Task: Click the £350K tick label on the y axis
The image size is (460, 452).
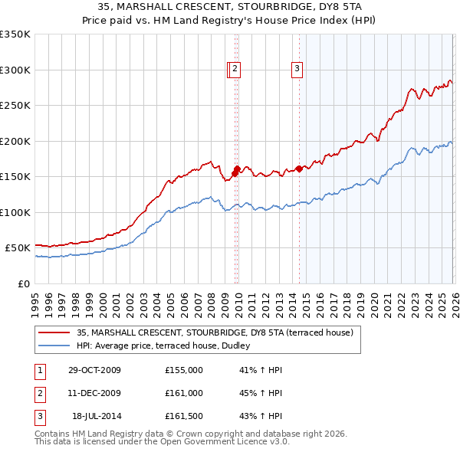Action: coord(15,34)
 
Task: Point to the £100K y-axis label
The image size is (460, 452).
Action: coord(15,212)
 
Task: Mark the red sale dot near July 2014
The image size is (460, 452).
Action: coord(299,169)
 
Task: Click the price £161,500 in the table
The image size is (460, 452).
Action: coord(184,416)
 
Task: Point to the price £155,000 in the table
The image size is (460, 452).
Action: coord(184,370)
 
